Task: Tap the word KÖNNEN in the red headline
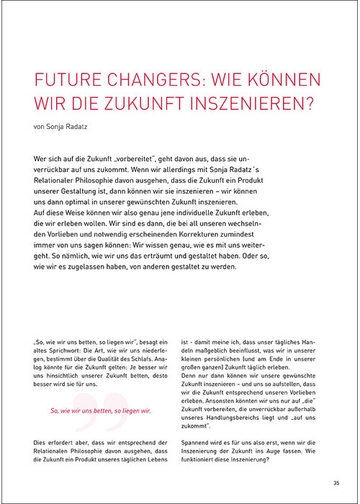[x=287, y=81]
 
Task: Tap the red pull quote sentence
[x=100, y=410]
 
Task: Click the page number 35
[x=336, y=483]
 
